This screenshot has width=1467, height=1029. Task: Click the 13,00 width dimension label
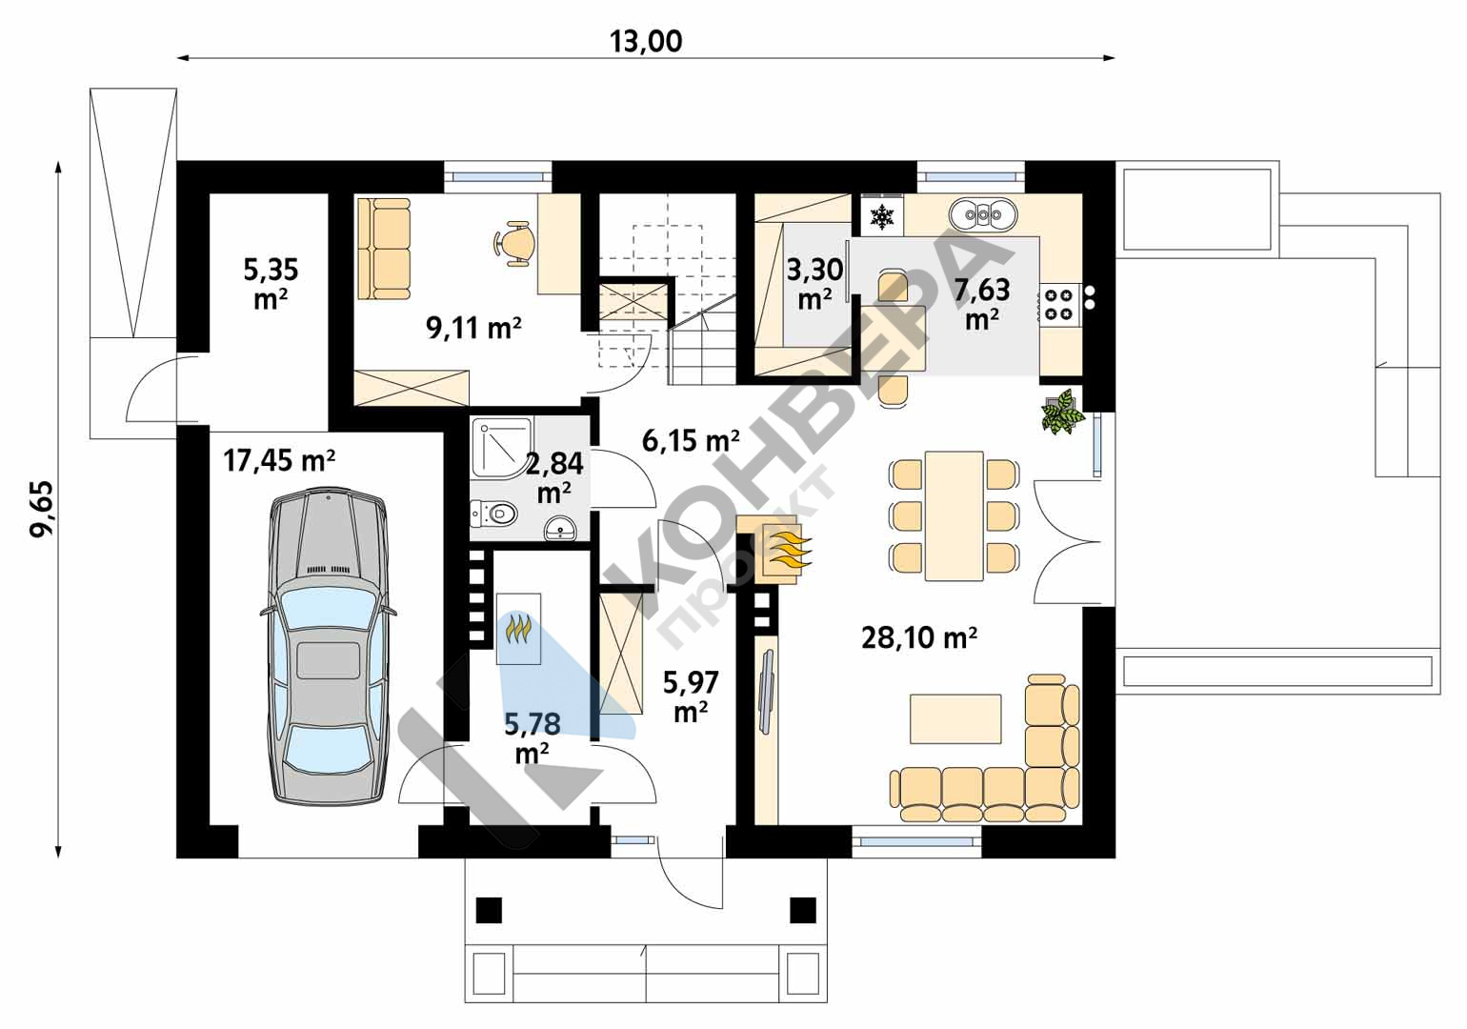[646, 41]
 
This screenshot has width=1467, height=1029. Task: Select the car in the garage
[328, 646]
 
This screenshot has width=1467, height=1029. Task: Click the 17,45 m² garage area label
[279, 460]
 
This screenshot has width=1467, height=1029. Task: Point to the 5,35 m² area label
[271, 283]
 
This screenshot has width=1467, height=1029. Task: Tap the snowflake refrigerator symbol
[882, 216]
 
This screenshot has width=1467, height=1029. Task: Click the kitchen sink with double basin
[984, 213]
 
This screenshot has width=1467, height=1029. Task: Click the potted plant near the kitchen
[1062, 412]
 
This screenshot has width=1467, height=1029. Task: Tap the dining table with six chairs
[955, 515]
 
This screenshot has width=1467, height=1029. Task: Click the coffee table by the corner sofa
[955, 718]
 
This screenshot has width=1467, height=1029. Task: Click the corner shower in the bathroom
[502, 448]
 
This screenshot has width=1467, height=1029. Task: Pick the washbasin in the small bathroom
[560, 528]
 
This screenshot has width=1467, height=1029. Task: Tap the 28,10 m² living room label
[919, 637]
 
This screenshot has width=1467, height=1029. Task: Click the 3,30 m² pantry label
[814, 283]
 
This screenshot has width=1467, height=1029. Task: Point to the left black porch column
[489, 910]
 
